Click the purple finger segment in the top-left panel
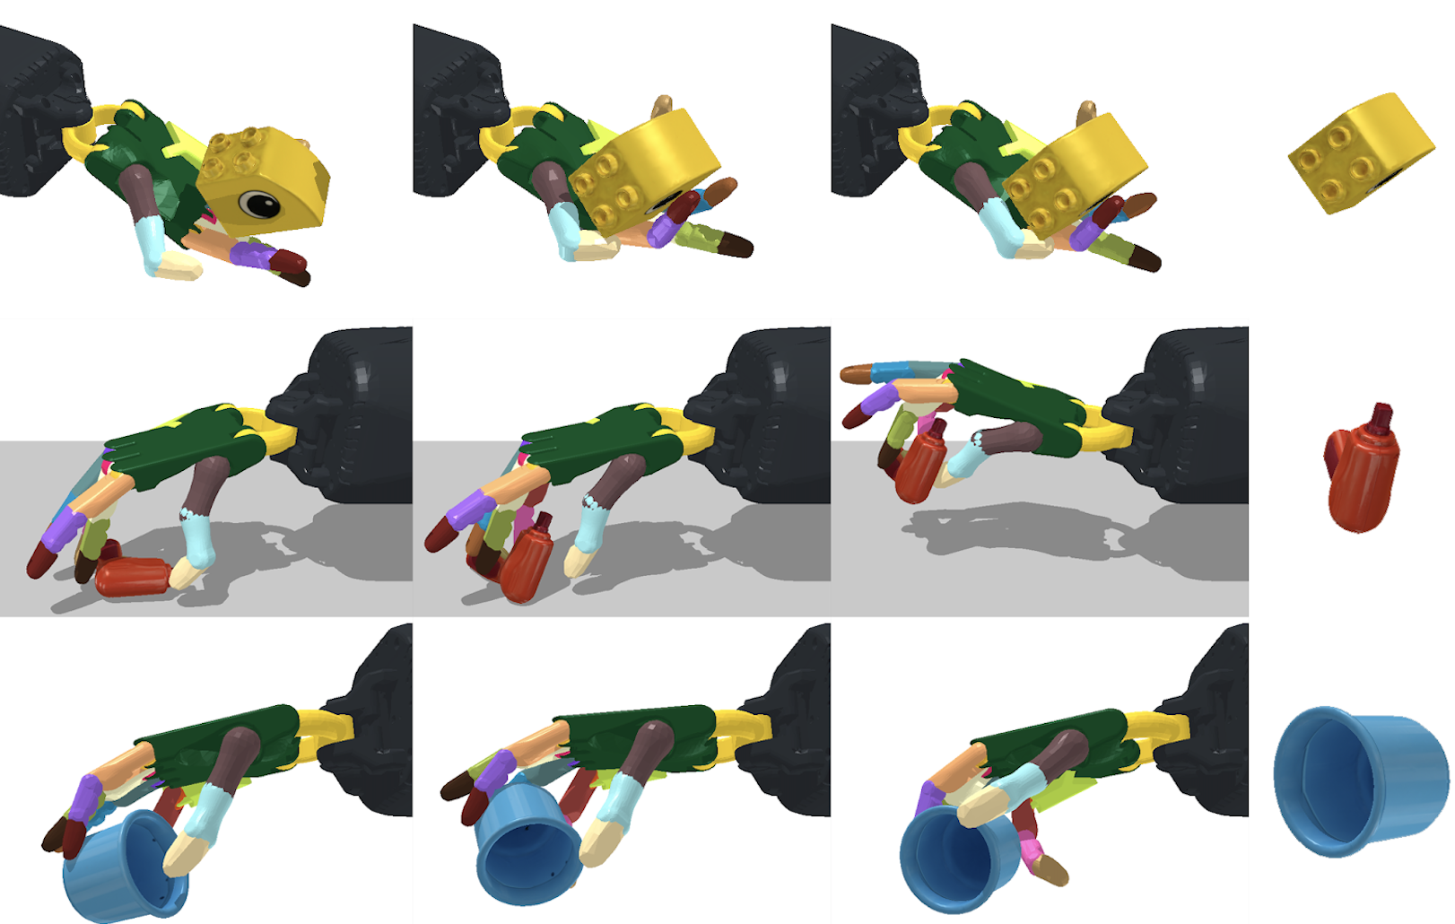[x=251, y=255]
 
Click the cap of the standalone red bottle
[x=1381, y=416]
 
